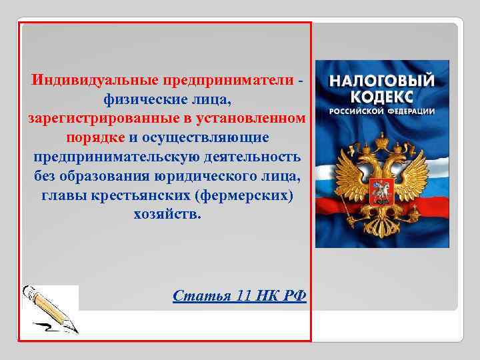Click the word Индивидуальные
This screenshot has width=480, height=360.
[x=93, y=80]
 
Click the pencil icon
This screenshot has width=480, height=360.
[x=51, y=309]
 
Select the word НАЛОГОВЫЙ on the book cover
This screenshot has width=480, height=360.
[x=382, y=80]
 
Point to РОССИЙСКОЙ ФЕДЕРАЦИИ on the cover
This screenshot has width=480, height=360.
[x=382, y=110]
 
